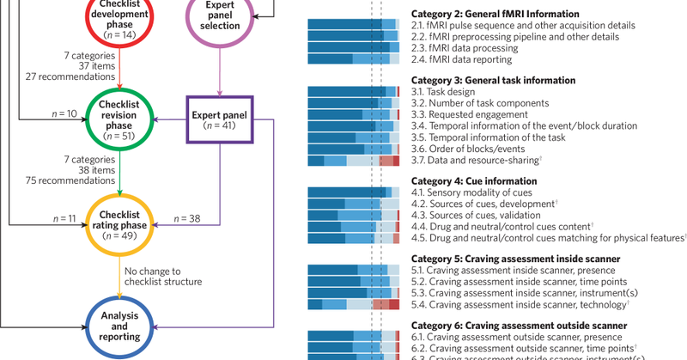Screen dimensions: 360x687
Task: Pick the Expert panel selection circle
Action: pyautogui.click(x=222, y=21)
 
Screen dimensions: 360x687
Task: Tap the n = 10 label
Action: pyautogui.click(x=59, y=113)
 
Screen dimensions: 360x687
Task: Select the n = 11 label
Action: pyautogui.click(x=59, y=220)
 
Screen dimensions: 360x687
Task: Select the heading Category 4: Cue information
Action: pyautogui.click(x=473, y=181)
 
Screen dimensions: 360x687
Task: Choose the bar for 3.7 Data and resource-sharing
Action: pyautogui.click(x=353, y=161)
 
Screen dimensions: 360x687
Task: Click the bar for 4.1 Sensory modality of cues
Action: pyautogui.click(x=353, y=192)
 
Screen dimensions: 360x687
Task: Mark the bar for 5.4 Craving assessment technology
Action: pyautogui.click(x=353, y=304)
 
